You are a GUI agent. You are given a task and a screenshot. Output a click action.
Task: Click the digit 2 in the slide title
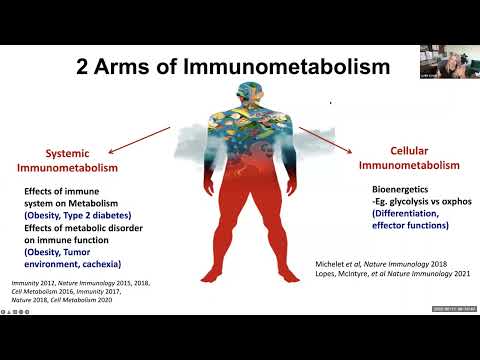tap(84, 68)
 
